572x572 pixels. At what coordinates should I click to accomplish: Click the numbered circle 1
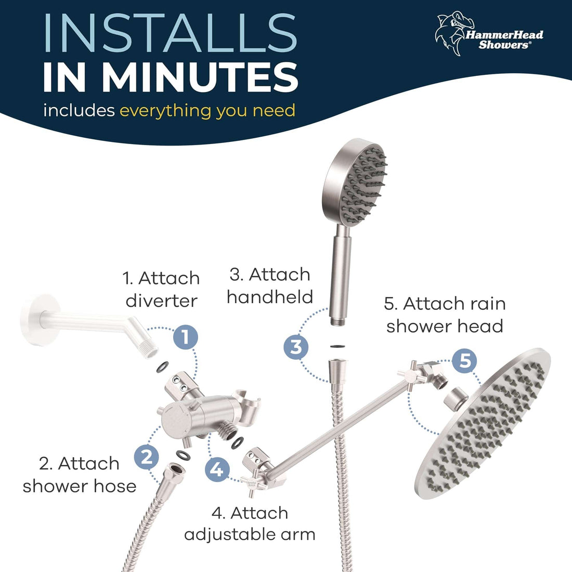[x=186, y=336]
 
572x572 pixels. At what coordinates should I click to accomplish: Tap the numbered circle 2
[x=147, y=457]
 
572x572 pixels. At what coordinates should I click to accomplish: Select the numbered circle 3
[x=296, y=346]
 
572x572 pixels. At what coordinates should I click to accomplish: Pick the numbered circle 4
[x=217, y=470]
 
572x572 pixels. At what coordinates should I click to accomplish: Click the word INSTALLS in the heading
[x=171, y=33]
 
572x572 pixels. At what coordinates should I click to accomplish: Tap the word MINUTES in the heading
[x=200, y=77]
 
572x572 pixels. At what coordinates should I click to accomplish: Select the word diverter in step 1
[x=161, y=301]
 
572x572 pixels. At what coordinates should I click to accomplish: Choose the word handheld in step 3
[x=270, y=297]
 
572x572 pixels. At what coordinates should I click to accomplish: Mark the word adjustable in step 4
[x=231, y=535]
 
